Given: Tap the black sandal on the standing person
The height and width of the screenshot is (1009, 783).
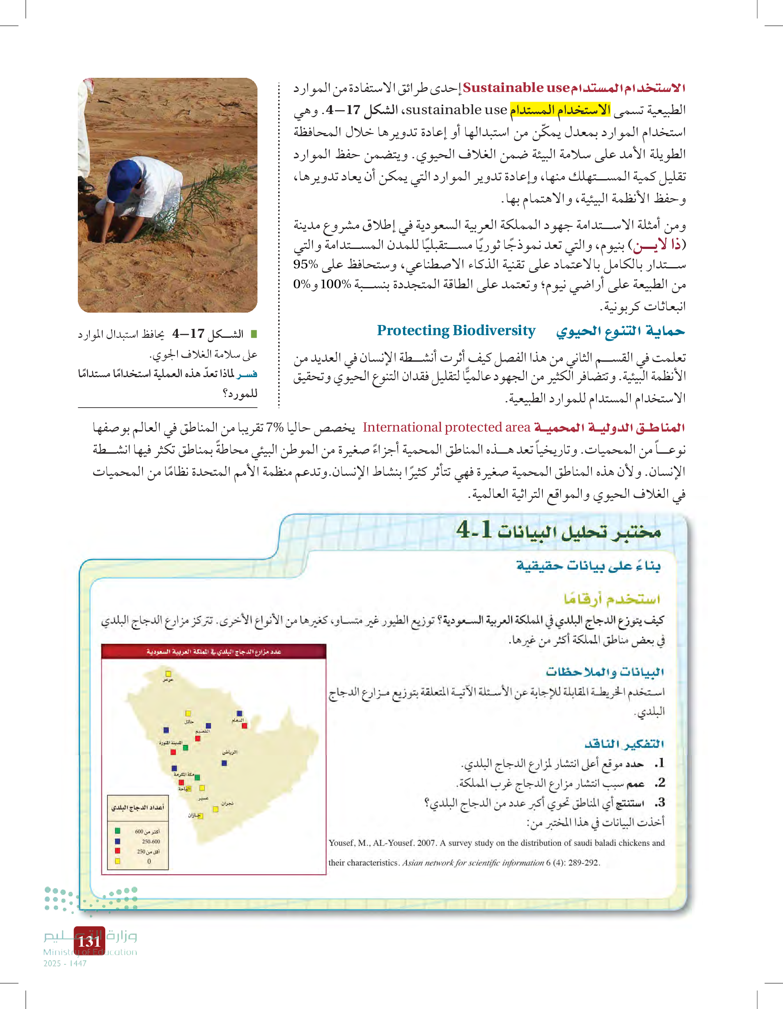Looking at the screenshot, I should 85,186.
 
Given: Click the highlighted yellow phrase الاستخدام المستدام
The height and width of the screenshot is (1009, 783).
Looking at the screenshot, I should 560,110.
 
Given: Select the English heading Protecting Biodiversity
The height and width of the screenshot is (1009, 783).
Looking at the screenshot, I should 456,330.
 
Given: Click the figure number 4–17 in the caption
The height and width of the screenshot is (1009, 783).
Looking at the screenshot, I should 188,333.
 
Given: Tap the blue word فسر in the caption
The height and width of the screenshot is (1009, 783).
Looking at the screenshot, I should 247,373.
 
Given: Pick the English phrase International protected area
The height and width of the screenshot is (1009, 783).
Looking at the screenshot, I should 446,428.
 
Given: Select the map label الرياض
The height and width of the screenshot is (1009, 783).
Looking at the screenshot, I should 230,752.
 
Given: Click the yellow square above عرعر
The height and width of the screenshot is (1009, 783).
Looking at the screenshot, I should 168,674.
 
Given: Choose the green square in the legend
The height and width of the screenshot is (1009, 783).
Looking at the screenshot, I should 117,831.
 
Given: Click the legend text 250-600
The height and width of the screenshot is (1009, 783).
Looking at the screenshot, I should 151,841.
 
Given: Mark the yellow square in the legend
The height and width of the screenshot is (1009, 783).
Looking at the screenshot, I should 117,861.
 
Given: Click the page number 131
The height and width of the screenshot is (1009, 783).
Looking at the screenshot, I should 89,941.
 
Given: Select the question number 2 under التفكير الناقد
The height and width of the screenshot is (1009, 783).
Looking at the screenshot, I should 660,783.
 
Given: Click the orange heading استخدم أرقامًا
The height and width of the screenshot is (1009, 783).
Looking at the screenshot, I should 611,599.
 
